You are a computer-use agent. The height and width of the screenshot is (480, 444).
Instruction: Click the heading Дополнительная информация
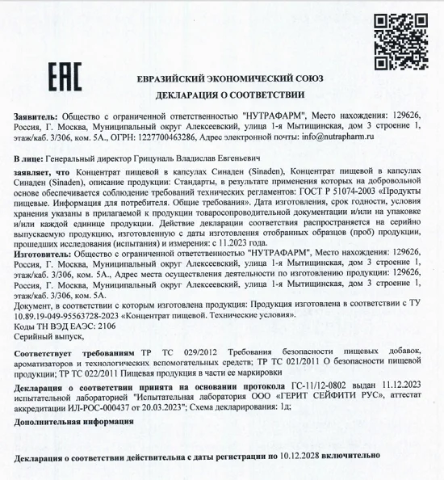click(x=64, y=422)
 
